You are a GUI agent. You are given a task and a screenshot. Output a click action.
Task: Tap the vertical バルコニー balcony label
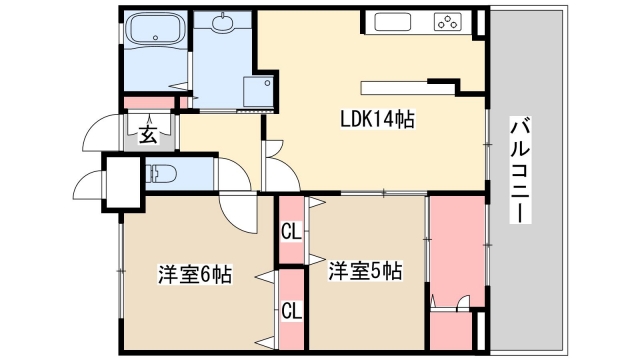click(520, 170)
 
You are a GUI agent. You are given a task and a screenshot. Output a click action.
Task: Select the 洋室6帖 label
click(194, 274)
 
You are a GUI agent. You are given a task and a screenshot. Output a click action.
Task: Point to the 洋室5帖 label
click(366, 270)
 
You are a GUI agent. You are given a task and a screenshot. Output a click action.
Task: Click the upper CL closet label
click(291, 233)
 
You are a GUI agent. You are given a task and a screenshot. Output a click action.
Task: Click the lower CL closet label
click(291, 309)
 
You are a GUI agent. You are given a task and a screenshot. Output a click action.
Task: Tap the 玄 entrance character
click(147, 135)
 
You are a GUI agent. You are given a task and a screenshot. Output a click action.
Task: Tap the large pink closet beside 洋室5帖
click(455, 250)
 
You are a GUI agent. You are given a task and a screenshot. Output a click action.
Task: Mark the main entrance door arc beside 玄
click(100, 133)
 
